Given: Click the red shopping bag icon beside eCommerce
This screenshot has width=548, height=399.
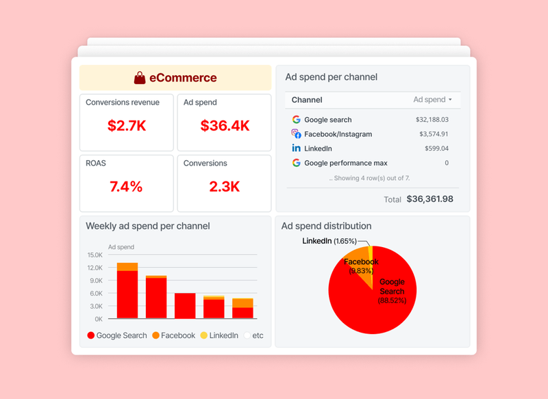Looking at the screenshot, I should [x=140, y=78].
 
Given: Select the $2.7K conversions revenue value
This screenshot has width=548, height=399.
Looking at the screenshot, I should [x=127, y=126].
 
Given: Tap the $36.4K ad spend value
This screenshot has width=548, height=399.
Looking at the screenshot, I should [x=225, y=126].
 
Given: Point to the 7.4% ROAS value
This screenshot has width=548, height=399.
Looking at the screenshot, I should [x=127, y=187].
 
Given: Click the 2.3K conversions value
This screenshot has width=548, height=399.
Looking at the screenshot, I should [x=225, y=187].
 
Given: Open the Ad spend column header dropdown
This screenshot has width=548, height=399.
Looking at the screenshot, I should [x=433, y=100].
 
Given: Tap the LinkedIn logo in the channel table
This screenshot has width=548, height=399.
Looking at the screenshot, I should [x=296, y=149].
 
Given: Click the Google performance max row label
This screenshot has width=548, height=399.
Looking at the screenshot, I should [x=345, y=163].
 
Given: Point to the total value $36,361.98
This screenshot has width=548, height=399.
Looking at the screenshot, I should [x=429, y=199].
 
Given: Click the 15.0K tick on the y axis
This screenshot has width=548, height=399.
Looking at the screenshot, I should [x=94, y=255].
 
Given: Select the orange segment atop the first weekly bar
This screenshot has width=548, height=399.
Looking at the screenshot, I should [x=127, y=267].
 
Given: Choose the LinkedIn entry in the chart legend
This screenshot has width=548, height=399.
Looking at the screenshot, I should [x=219, y=335].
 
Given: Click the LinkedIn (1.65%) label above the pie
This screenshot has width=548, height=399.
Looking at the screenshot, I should [x=329, y=241].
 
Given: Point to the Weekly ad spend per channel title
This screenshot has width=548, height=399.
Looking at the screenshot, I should [x=147, y=226].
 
